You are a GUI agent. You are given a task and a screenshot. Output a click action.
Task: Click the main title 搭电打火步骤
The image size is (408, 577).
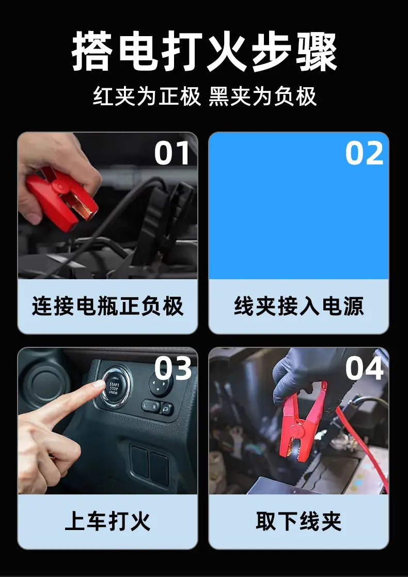click(x=205, y=52)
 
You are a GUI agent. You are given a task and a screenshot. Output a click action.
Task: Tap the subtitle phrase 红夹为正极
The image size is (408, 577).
click(x=147, y=97)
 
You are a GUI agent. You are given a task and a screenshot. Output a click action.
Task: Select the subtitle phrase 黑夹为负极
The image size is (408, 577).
click(x=263, y=97)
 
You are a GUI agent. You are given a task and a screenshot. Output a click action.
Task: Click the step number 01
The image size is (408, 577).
click(x=172, y=153)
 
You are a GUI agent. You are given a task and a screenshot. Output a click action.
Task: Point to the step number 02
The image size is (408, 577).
click(x=364, y=153)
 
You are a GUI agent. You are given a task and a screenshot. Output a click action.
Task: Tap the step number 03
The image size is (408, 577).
click(x=172, y=368)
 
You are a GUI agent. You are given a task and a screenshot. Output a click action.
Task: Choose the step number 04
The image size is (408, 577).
click(x=364, y=368)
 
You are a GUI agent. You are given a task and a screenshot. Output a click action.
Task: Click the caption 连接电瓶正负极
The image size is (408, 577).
click(x=107, y=306)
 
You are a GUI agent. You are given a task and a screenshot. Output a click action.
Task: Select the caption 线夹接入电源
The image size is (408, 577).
click(x=299, y=306)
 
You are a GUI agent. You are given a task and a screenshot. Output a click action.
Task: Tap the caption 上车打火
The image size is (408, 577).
click(x=107, y=521)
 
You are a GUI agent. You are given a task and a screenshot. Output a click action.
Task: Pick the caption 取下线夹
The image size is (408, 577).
click(x=299, y=521)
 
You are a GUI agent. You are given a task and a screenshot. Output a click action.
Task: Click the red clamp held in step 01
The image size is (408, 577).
click(x=61, y=199)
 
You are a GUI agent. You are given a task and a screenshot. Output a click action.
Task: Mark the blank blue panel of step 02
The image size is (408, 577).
click(x=299, y=205)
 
